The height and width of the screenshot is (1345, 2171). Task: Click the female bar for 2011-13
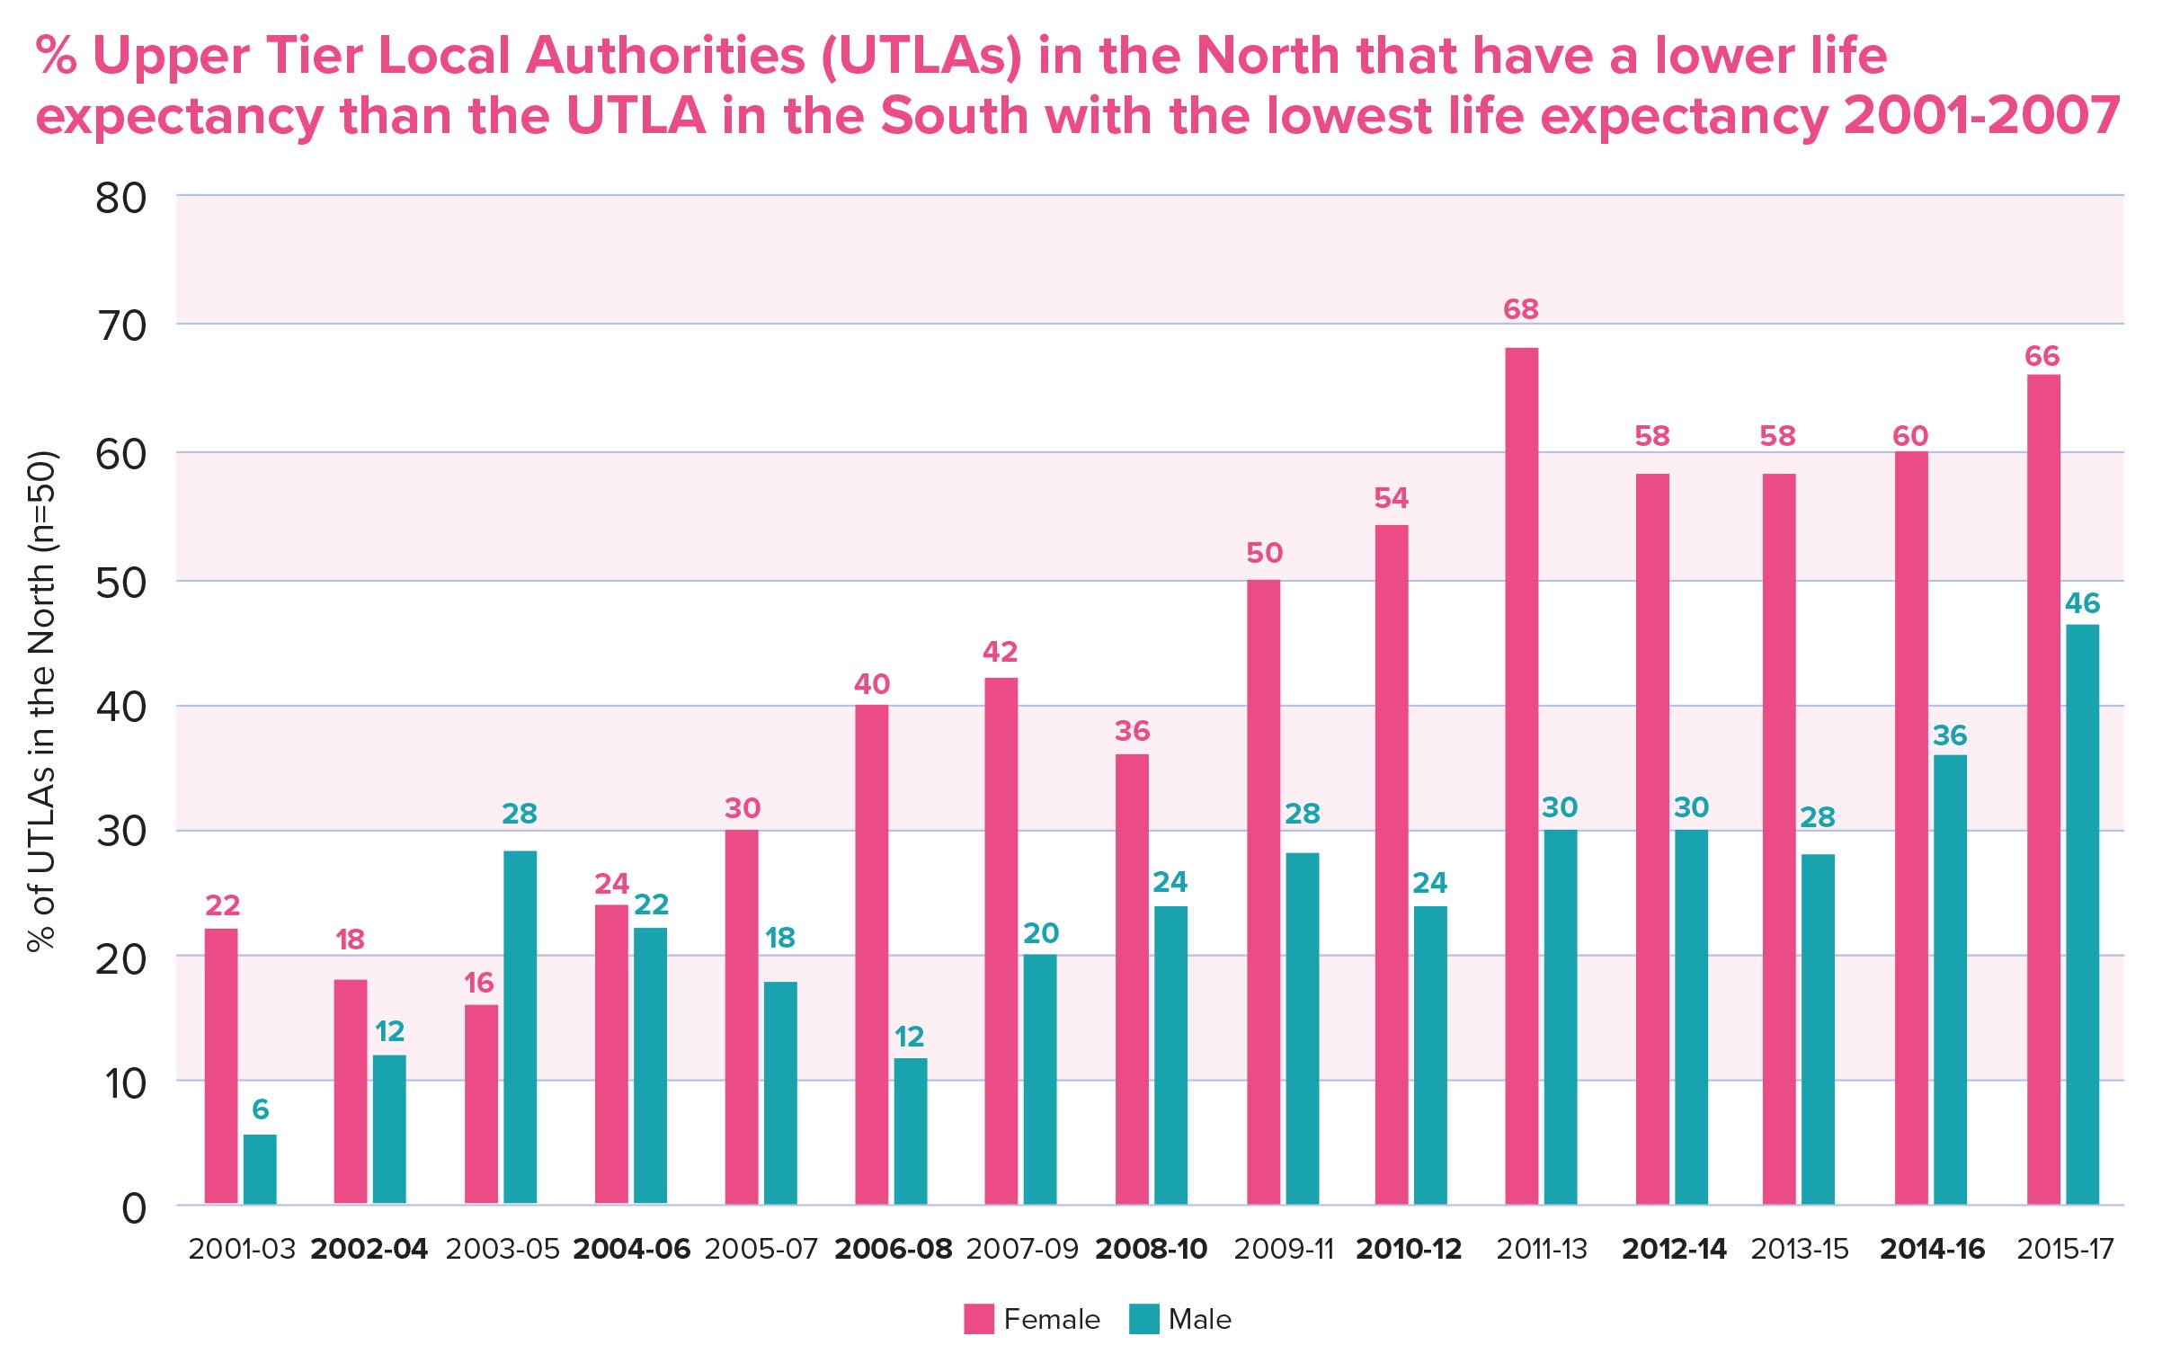(1521, 775)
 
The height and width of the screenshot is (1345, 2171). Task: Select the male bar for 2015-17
(2082, 913)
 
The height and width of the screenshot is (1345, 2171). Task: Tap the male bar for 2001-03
(260, 1169)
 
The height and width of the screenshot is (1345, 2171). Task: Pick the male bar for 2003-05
(520, 1027)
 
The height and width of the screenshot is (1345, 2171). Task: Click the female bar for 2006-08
(871, 954)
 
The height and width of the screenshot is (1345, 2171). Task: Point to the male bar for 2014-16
(1950, 979)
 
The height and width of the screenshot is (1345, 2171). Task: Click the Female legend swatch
(978, 1319)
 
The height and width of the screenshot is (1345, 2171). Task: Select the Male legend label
(1199, 1319)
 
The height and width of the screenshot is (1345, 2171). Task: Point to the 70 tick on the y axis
(122, 325)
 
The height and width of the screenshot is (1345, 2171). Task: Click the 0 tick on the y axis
(134, 1208)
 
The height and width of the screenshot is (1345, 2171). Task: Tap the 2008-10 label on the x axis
(1151, 1249)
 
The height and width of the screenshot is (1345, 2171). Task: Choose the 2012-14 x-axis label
(1674, 1249)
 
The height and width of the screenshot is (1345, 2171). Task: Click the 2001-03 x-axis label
(242, 1249)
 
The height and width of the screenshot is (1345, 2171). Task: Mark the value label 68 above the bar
(1521, 309)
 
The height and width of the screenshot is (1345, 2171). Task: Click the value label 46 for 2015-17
(2082, 603)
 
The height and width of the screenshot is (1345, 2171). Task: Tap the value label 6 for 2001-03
(260, 1109)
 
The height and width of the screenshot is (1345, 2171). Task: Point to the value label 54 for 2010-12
(1391, 498)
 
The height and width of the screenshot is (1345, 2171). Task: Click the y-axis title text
(42, 701)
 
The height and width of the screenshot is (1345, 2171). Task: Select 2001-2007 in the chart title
(1982, 117)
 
